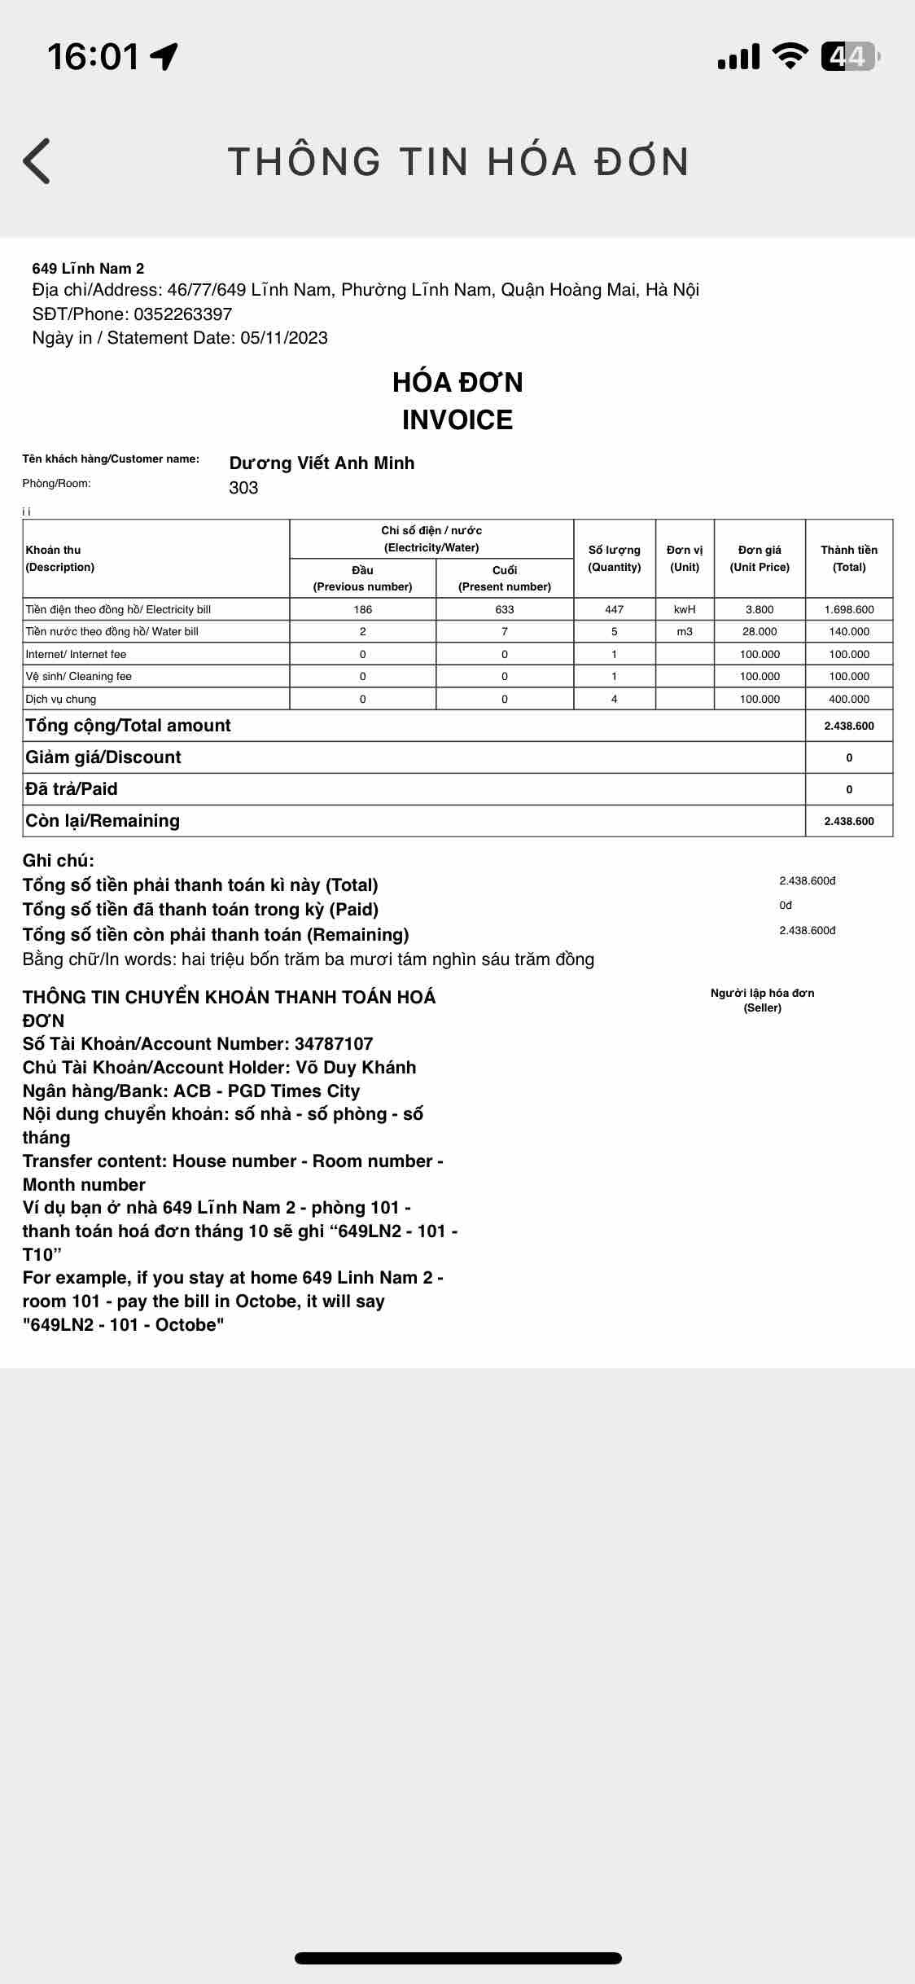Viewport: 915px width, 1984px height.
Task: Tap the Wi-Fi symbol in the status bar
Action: [x=789, y=55]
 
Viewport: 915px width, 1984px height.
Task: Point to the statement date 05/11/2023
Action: [x=284, y=338]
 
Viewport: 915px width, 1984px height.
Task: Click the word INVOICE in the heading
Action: [x=457, y=420]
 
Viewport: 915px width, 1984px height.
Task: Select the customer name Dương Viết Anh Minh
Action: [x=322, y=463]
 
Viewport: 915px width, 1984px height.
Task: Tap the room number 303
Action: [x=243, y=488]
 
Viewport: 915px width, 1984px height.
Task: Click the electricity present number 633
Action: [x=505, y=609]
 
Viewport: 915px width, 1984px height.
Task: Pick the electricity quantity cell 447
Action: [x=615, y=609]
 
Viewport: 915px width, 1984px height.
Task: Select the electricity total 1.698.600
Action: [x=849, y=609]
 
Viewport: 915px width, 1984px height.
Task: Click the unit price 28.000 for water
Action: [x=760, y=631]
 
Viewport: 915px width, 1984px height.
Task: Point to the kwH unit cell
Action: [x=685, y=609]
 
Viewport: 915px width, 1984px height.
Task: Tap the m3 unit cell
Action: [x=685, y=631]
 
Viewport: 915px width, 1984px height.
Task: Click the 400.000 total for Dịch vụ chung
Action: [x=849, y=699]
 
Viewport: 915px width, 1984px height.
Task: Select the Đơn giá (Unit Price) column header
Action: [x=760, y=559]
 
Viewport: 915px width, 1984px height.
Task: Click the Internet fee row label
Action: [x=77, y=654]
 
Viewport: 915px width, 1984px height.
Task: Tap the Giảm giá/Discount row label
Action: [x=103, y=757]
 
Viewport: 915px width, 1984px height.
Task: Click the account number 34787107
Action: [x=334, y=1044]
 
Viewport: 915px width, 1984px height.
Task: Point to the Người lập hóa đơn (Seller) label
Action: [x=762, y=1000]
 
